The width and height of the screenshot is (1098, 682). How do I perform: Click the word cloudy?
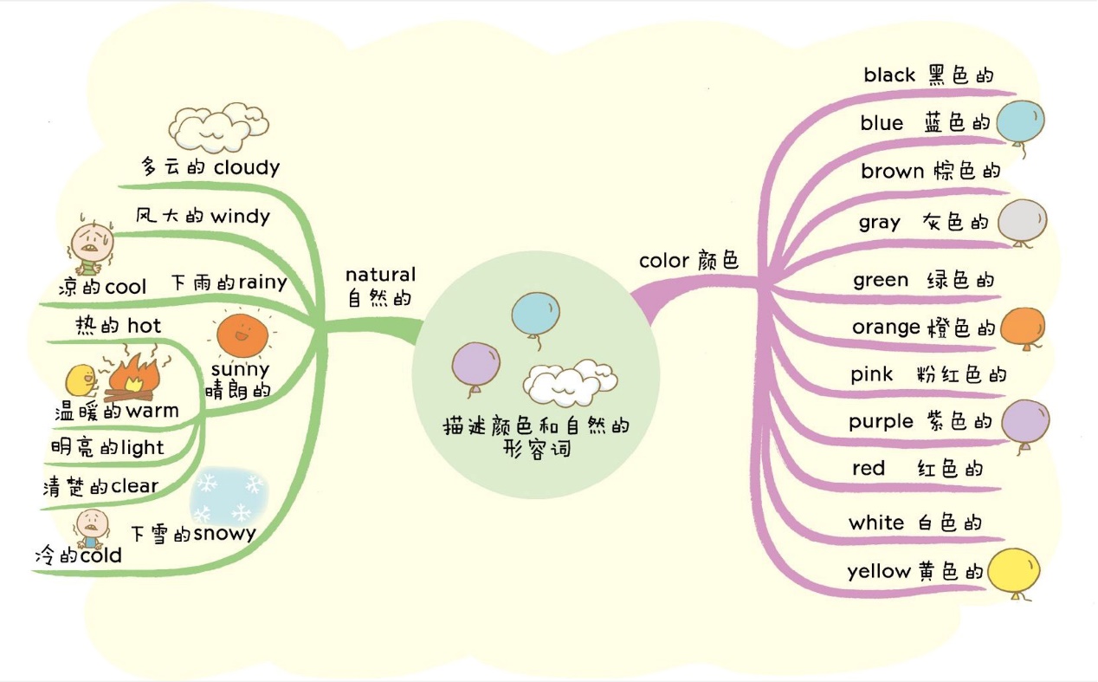click(x=247, y=168)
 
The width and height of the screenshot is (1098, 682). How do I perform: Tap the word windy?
click(x=240, y=217)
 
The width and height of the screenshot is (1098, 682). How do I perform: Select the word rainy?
click(x=262, y=283)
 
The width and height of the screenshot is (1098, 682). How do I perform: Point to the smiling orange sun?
click(x=242, y=336)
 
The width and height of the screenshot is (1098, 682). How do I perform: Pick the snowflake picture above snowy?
click(x=229, y=497)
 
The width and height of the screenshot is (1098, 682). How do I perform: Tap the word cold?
click(x=101, y=555)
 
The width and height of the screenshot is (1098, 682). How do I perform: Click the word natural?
click(x=381, y=274)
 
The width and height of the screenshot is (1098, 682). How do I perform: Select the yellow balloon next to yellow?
click(x=1013, y=573)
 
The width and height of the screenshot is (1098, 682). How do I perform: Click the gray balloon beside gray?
click(x=1022, y=222)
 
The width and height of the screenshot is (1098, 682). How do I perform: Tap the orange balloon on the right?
click(x=1023, y=328)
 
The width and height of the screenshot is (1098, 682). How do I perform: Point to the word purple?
click(x=881, y=422)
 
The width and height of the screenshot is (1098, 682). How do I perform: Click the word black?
click(x=889, y=75)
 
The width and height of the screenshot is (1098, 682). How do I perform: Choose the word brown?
click(x=892, y=172)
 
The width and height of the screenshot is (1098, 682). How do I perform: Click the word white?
click(x=876, y=523)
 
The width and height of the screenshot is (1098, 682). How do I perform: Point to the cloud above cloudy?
click(x=218, y=127)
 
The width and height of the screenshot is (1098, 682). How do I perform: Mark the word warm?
click(x=152, y=411)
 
